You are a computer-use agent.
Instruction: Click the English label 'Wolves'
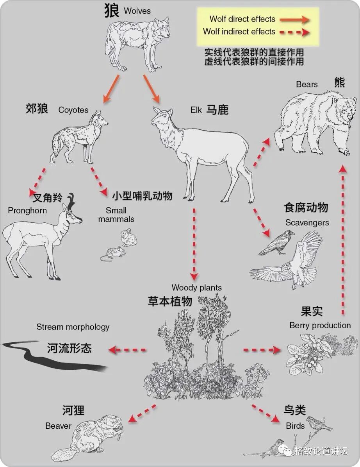(x=137, y=11)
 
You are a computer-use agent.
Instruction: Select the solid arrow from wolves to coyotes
(x=111, y=89)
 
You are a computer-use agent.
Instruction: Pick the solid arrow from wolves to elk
(x=152, y=89)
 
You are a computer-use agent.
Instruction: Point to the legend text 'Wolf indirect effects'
(x=239, y=32)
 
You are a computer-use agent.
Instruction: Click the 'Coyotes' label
(x=73, y=110)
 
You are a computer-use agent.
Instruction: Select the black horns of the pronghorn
(x=71, y=200)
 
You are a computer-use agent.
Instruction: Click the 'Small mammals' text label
(x=116, y=215)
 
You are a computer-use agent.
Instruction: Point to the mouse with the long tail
(x=112, y=254)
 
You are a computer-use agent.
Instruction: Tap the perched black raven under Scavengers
(x=276, y=242)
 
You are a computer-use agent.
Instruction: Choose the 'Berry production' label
(x=320, y=325)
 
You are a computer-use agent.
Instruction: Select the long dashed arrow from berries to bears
(x=343, y=240)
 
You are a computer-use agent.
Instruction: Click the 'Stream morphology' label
(x=73, y=327)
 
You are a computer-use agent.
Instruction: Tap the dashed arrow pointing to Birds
(x=266, y=413)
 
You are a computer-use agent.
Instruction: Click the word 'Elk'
(x=196, y=110)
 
